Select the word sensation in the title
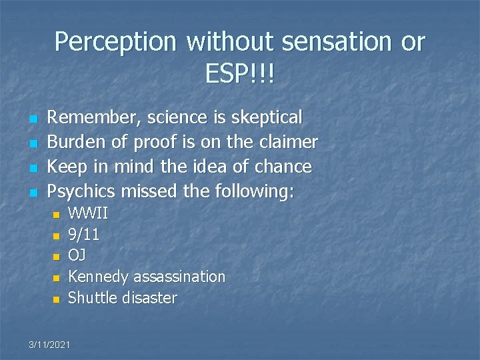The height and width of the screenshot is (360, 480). (x=335, y=42)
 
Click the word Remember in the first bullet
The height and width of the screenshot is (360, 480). (x=95, y=117)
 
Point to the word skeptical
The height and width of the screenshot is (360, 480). (x=266, y=117)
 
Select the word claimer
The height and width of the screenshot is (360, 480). (x=288, y=142)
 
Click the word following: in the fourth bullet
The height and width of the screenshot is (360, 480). (x=254, y=191)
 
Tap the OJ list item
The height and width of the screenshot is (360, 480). (x=77, y=256)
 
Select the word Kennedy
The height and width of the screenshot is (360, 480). (x=99, y=277)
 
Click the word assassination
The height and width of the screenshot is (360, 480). (x=179, y=277)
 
